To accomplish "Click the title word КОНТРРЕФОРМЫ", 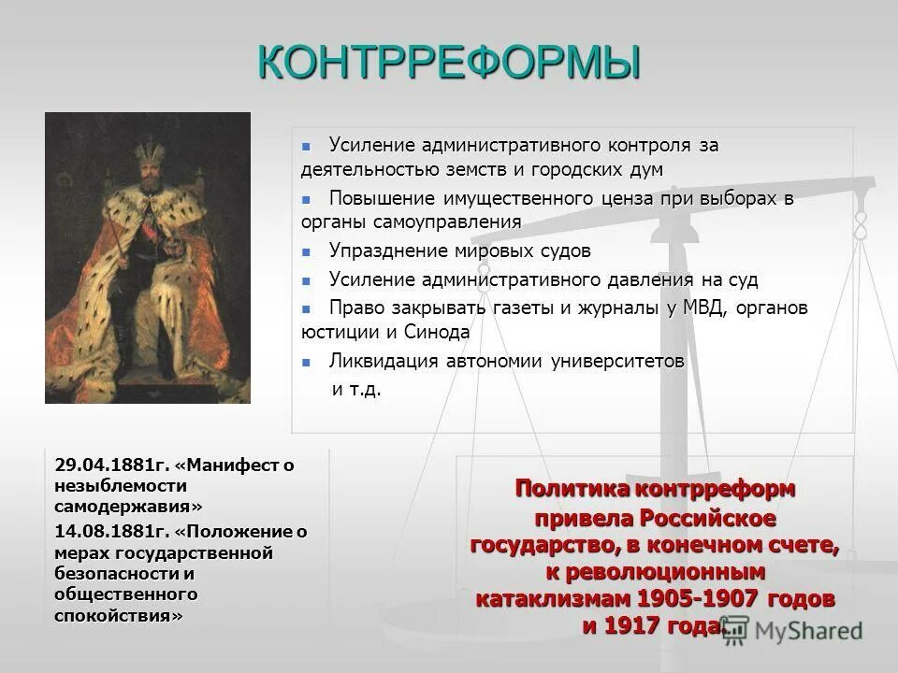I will (449, 63).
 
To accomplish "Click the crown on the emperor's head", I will (148, 150).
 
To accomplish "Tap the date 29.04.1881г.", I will (111, 465).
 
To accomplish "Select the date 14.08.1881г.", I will (111, 533).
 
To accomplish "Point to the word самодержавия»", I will (127, 506).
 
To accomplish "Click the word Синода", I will (440, 331).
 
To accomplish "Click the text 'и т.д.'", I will (357, 389).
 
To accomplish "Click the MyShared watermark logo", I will (795, 630).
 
